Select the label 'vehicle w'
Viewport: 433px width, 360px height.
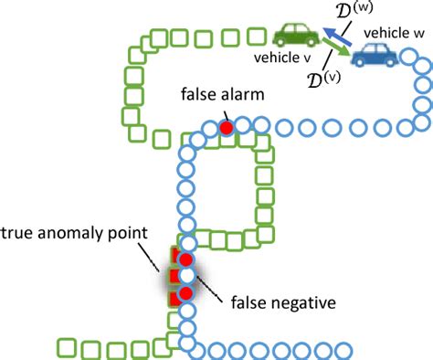pos(392,32)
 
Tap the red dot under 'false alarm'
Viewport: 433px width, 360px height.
pos(226,129)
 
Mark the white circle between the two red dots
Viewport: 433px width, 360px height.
pos(186,276)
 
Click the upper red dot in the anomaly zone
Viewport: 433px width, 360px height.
pos(186,259)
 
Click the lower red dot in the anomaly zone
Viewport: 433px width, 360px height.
pos(186,293)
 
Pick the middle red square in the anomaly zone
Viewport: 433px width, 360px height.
pos(173,275)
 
